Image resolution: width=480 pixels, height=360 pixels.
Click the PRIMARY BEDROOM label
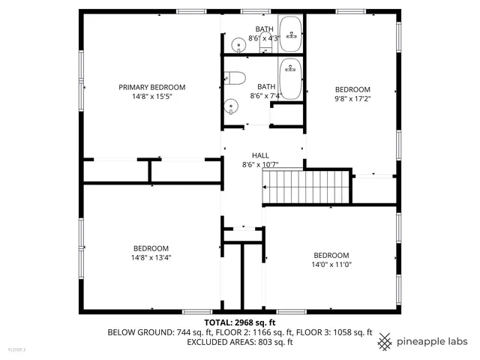click(x=151, y=87)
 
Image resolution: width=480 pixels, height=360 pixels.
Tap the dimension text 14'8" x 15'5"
click(x=151, y=97)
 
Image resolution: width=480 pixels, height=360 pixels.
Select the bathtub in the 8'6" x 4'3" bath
click(x=290, y=34)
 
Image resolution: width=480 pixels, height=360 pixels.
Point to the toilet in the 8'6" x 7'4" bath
click(x=235, y=76)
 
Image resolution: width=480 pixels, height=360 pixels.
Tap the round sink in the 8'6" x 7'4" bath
click(x=232, y=106)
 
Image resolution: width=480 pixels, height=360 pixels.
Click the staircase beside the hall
click(x=305, y=187)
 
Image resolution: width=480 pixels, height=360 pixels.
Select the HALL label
click(x=260, y=155)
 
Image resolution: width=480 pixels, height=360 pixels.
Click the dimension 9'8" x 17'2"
click(x=352, y=97)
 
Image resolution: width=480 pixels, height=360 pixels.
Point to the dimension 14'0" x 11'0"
click(x=331, y=264)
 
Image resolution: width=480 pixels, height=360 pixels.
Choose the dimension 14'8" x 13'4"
click(x=151, y=258)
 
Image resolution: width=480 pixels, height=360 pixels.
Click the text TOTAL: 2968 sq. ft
click(x=239, y=321)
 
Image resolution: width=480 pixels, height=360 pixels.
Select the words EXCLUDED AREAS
click(x=212, y=342)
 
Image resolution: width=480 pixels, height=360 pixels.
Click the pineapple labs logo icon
click(x=385, y=341)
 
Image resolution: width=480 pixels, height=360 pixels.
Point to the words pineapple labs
click(x=433, y=341)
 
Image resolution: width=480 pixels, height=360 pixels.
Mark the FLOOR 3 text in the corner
click(x=16, y=349)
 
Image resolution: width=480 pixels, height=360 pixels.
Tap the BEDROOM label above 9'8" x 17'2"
click(x=352, y=88)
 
